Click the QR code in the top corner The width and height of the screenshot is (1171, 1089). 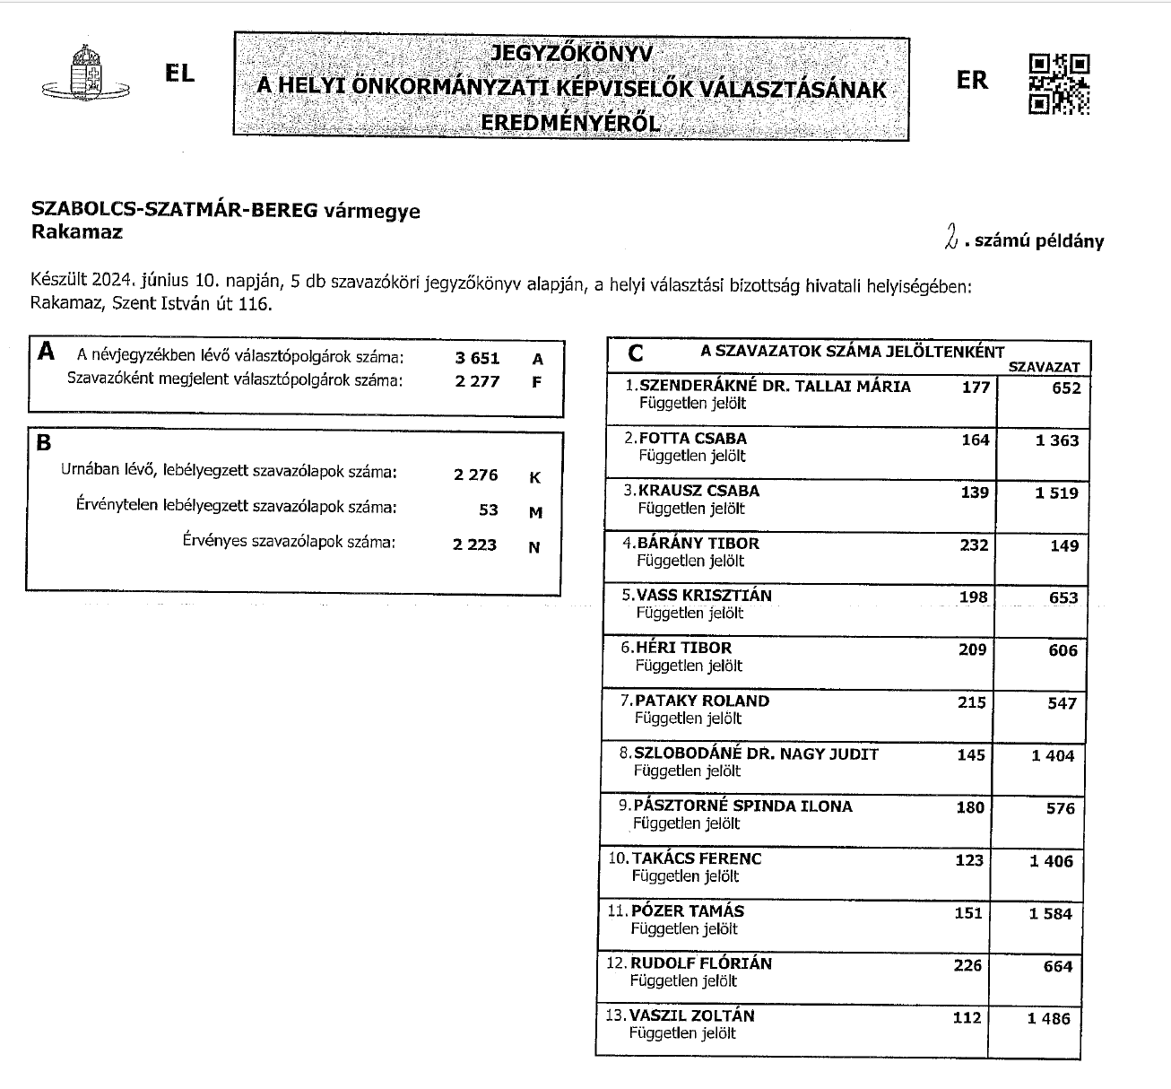(x=1059, y=84)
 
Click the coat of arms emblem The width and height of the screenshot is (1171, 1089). (x=86, y=74)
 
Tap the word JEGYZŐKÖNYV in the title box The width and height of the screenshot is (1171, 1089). (x=571, y=54)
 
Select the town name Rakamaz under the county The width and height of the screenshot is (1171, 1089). (x=76, y=231)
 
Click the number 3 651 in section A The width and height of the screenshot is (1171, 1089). (x=477, y=358)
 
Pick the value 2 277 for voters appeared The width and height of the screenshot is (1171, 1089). (x=477, y=380)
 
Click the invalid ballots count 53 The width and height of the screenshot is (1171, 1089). (x=488, y=510)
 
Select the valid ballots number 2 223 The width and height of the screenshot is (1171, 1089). (x=475, y=544)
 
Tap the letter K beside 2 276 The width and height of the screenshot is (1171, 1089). (x=535, y=477)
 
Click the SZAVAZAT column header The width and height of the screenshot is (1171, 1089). (x=1045, y=367)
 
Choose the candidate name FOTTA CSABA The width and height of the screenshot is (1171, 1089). (x=692, y=439)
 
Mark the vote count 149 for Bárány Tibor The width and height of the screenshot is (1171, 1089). (x=1064, y=545)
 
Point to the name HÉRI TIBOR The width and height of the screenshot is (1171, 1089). (x=683, y=648)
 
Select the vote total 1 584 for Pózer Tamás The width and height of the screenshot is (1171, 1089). (x=1052, y=913)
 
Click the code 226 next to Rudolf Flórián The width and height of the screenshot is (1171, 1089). (x=968, y=965)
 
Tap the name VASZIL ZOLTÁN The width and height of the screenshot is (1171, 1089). (x=692, y=1015)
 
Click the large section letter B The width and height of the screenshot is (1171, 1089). (x=44, y=443)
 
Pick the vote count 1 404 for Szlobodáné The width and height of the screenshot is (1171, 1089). (x=1053, y=755)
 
